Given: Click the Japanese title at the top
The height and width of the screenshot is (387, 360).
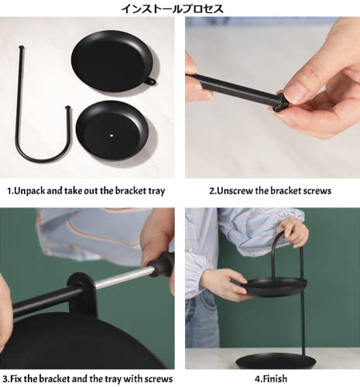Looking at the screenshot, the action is (173, 9).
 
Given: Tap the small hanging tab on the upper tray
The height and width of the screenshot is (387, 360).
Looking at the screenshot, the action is (151, 81).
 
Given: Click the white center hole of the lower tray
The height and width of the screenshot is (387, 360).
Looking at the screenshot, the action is (111, 135).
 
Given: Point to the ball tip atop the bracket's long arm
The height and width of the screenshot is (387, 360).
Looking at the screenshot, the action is (21, 47).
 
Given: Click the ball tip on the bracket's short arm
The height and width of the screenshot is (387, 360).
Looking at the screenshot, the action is (68, 107).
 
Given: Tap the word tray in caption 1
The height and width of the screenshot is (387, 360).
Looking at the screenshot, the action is (156, 191).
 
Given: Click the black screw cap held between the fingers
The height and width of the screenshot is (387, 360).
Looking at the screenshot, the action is (279, 103).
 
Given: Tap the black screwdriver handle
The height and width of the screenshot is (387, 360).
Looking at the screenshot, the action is (161, 265).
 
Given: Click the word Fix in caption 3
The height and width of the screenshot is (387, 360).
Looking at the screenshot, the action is (16, 378).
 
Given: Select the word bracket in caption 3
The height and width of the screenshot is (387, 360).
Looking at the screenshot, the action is (54, 378).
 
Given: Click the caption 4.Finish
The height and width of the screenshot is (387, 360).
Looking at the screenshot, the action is (271, 378).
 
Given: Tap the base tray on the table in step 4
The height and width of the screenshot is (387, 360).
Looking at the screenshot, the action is (275, 361).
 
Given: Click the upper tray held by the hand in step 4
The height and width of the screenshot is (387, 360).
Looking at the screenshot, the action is (274, 287).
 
